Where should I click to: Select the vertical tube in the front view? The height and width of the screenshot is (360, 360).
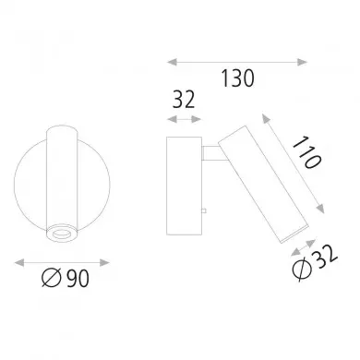(63, 175)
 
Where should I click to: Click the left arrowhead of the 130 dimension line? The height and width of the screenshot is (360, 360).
(170, 62)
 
